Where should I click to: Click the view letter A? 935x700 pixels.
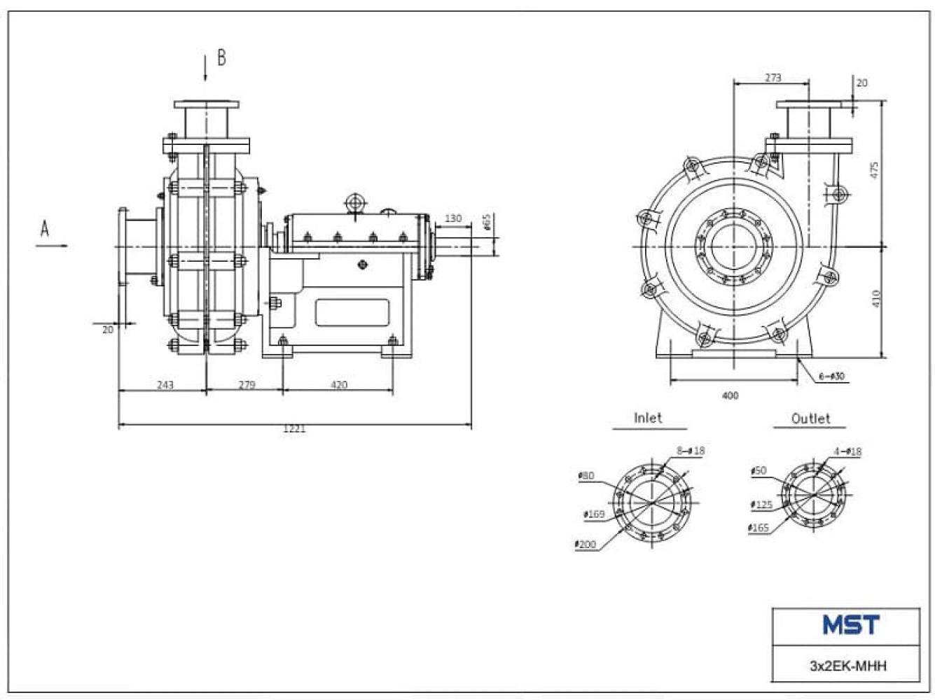click(x=45, y=228)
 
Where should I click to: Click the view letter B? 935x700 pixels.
click(x=221, y=57)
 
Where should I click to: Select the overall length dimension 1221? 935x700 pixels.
click(x=294, y=428)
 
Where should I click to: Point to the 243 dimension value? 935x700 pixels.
click(x=165, y=385)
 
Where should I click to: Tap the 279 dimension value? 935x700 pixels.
click(x=247, y=385)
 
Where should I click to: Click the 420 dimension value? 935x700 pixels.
click(x=338, y=385)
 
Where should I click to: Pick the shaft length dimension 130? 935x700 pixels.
click(x=453, y=218)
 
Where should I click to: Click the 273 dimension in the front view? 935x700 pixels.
click(x=773, y=78)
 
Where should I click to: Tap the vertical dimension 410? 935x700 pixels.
click(x=875, y=299)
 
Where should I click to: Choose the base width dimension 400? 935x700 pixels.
click(x=730, y=395)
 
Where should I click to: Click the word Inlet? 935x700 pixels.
click(x=648, y=418)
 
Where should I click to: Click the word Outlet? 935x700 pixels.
click(x=810, y=419)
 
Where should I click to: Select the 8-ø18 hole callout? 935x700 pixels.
click(x=691, y=451)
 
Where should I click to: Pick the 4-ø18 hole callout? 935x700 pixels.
click(x=847, y=451)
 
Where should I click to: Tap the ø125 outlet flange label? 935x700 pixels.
click(x=761, y=505)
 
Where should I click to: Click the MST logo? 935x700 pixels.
click(x=851, y=625)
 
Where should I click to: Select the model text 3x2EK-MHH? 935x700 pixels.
click(x=847, y=665)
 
